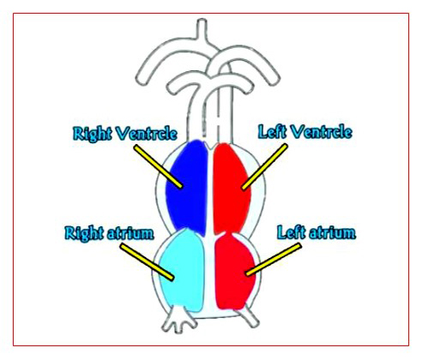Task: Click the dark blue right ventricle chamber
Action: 187,187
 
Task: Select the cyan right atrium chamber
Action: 182,270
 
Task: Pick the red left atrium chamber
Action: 234,272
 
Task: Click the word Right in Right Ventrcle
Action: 93,134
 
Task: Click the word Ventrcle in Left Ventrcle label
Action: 322,132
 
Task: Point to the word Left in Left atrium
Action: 292,232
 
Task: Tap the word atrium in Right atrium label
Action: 130,233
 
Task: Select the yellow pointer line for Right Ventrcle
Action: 159,166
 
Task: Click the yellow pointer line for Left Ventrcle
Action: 264,166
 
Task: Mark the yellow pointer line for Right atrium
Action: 147,261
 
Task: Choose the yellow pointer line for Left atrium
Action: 274,259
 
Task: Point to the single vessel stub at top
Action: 202,28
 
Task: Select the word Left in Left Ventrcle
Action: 273,132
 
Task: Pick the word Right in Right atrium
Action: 84,234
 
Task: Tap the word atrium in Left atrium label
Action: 333,232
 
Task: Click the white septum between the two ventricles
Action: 211,189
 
